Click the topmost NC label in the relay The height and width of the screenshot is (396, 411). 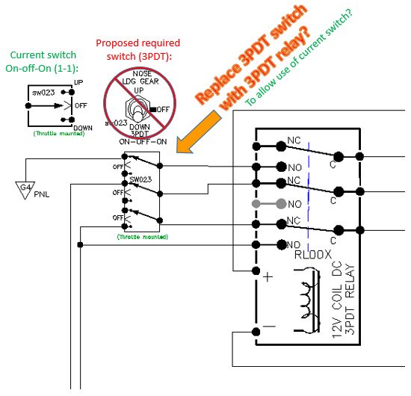point(294,140)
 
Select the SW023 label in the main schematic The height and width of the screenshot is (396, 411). point(140,180)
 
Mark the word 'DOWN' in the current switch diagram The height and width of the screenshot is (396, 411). point(83,128)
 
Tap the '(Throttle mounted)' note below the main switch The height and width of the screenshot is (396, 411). point(142,237)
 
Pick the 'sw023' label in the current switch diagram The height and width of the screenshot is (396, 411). point(40,93)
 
